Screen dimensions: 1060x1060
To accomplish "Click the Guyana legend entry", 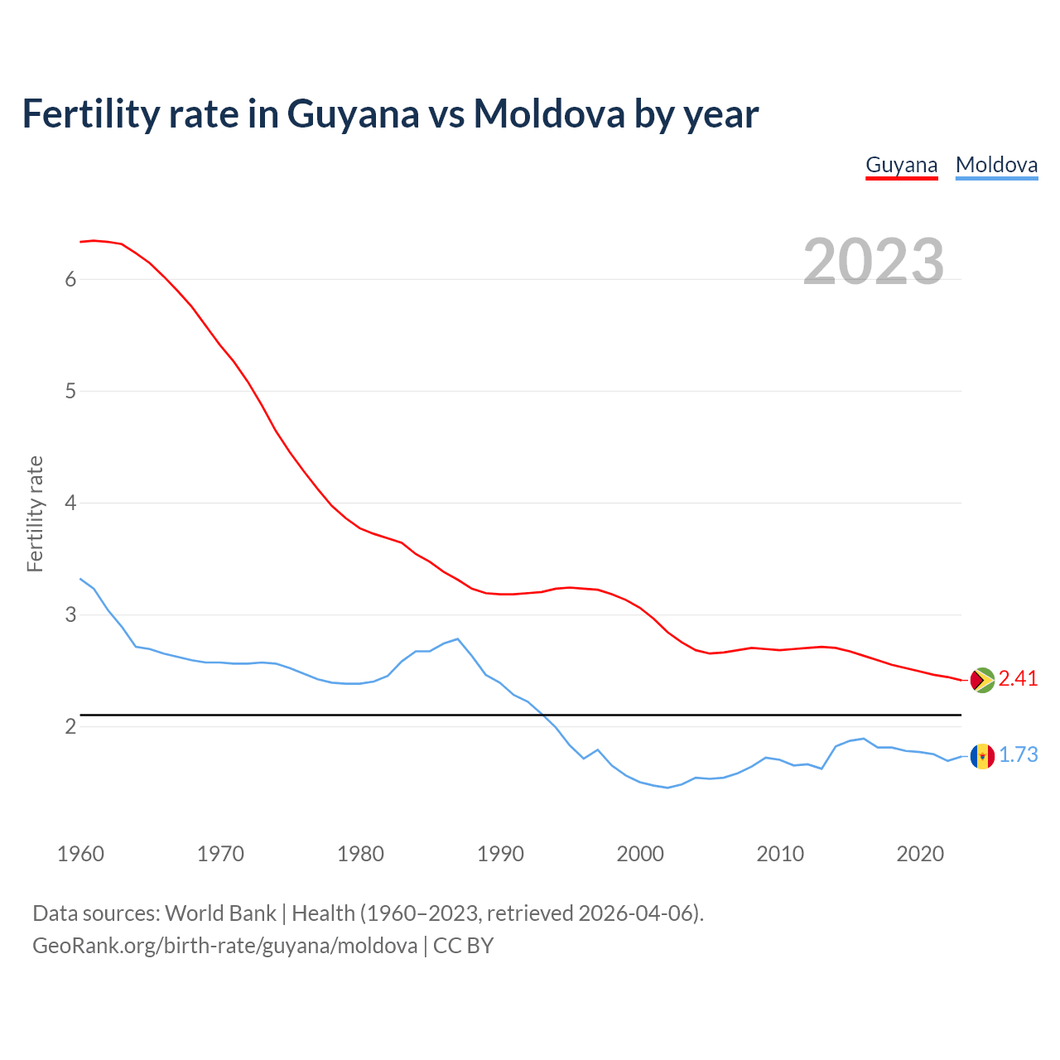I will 901,165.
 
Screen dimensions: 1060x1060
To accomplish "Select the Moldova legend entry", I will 996,165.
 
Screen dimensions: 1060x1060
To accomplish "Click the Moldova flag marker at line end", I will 982,755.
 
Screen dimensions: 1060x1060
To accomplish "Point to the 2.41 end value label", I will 1018,679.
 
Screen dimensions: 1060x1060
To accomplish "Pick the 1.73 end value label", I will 1018,755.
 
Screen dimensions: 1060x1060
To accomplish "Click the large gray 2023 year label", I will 874,262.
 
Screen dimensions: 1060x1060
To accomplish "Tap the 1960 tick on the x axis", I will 80,854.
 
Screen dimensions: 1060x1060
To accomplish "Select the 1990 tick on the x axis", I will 500,854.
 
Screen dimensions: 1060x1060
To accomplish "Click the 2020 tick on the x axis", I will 920,854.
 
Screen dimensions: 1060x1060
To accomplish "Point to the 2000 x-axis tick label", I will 640,854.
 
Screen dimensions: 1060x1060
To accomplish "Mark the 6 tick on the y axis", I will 70,279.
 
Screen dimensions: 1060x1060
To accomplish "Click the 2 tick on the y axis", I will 70,727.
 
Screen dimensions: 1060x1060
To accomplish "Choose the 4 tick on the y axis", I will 70,503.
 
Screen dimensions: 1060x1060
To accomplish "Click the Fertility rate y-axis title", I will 35,513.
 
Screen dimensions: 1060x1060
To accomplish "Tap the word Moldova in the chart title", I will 548,113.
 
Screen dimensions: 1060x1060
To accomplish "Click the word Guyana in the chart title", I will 353,115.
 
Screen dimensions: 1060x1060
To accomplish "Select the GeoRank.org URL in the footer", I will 224,946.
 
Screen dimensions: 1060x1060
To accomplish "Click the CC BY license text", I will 463,946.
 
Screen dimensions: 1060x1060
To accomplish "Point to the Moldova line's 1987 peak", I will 458,638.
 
